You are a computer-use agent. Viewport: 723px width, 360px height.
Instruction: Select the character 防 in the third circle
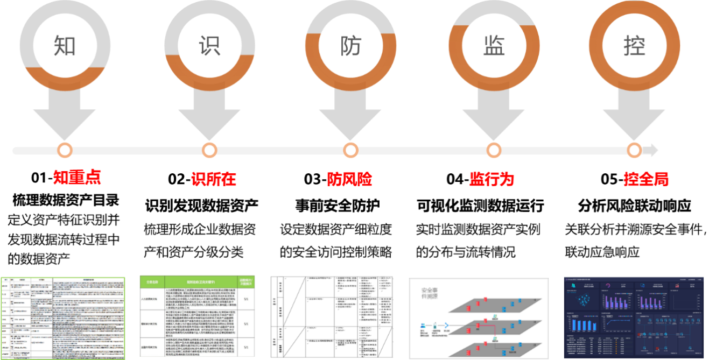pyautogui.click(x=350, y=47)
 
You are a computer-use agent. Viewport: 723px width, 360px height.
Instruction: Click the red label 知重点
pyautogui.click(x=77, y=178)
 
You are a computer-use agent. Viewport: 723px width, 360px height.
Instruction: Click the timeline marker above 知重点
pyautogui.click(x=65, y=150)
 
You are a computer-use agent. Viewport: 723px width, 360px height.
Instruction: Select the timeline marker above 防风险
pyautogui.click(x=350, y=150)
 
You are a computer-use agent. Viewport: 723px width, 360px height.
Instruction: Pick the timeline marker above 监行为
pyautogui.click(x=493, y=150)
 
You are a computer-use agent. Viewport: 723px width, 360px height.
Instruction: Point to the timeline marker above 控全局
pyautogui.click(x=634, y=150)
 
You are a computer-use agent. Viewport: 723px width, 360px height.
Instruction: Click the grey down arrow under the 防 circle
pyautogui.click(x=350, y=116)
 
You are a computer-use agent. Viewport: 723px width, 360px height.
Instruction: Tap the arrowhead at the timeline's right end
pyautogui.click(x=654, y=150)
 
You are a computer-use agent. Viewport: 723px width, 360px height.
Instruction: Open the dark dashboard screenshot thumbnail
pyautogui.click(x=633, y=317)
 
